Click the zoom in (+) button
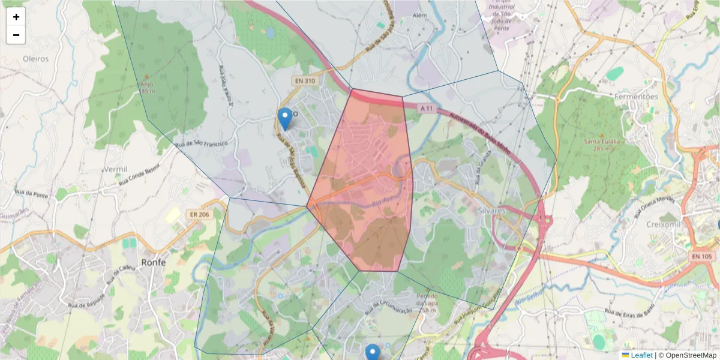click(16, 17)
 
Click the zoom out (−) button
click(16, 35)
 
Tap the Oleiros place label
click(35, 59)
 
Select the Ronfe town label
click(154, 262)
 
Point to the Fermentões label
click(637, 96)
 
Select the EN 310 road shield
click(305, 80)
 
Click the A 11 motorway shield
click(427, 108)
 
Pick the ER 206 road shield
click(200, 215)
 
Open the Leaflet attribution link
click(641, 355)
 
